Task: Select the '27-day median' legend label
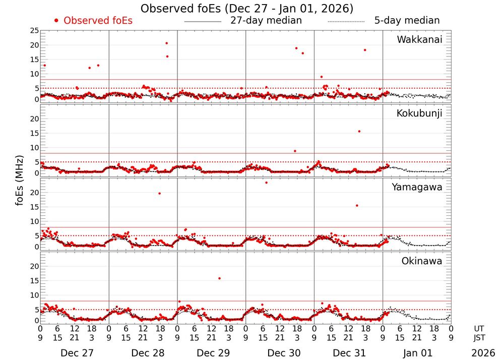[266, 21]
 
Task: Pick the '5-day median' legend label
[407, 21]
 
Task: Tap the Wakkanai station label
[419, 40]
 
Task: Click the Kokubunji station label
[419, 113]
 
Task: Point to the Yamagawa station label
[417, 187]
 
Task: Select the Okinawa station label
[422, 261]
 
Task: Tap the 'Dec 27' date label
[74, 353]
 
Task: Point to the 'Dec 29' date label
[211, 353]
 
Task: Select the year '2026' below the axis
[483, 353]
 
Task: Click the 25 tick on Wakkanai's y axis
[34, 31]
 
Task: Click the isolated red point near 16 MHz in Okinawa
[219, 278]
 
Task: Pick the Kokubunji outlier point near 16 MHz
[359, 131]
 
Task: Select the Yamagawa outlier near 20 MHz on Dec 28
[160, 194]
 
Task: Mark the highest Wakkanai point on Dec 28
[167, 43]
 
